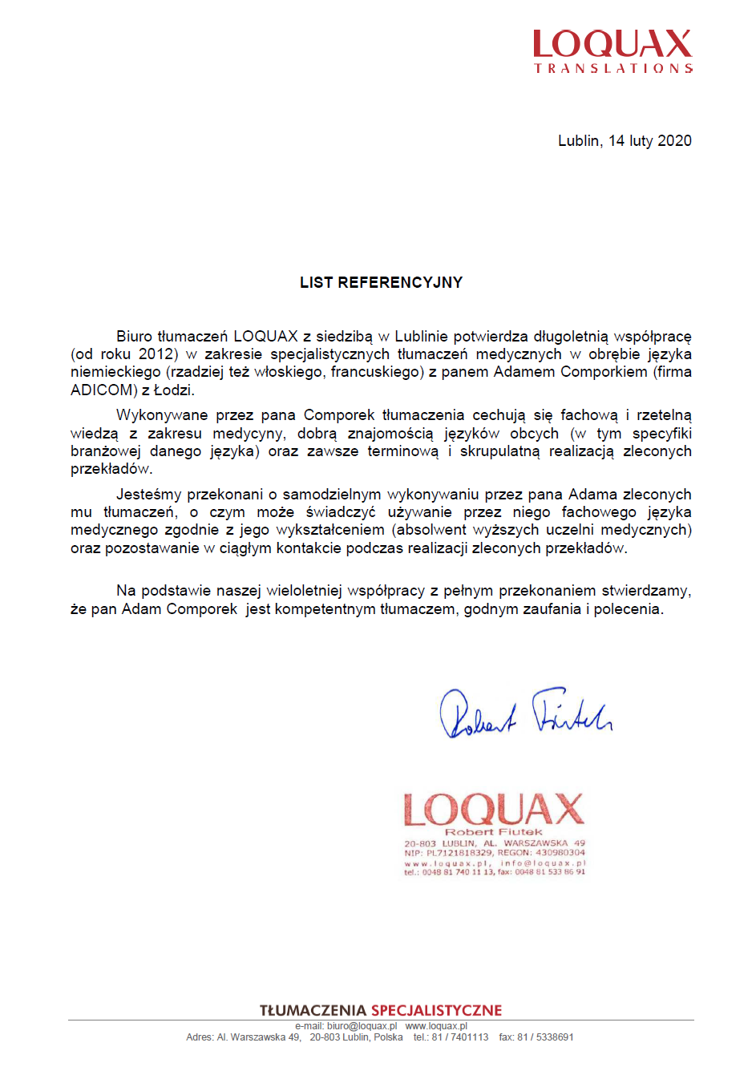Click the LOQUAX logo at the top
(612, 51)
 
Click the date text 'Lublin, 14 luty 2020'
(625, 141)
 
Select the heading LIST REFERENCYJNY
(381, 282)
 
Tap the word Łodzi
(173, 390)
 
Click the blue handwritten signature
(525, 713)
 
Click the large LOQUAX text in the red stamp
(494, 810)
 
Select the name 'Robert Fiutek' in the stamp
(494, 832)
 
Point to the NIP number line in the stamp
(494, 853)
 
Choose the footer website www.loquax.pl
(436, 1026)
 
